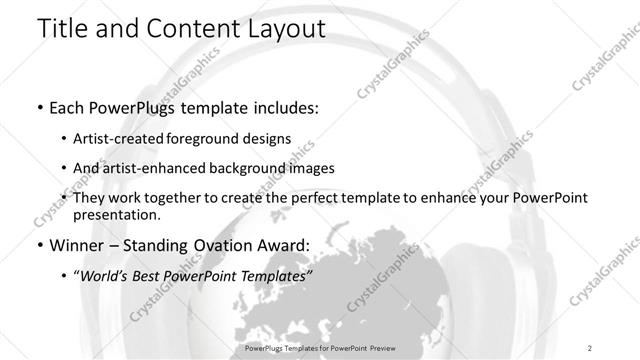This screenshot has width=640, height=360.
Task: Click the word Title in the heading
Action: click(x=66, y=31)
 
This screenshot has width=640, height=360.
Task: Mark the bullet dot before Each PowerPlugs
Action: click(x=38, y=108)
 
